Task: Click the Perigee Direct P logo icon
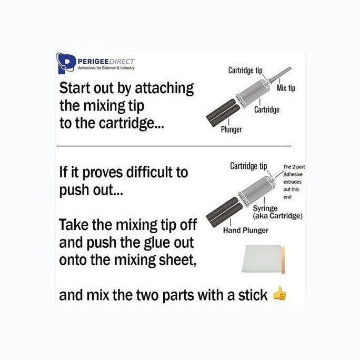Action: point(66,63)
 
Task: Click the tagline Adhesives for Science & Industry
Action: point(106,68)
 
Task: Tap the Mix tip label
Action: point(286,88)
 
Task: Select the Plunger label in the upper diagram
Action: point(231,129)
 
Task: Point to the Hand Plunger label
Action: point(246,231)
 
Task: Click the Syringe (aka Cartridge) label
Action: point(277,212)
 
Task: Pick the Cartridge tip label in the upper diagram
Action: point(245,70)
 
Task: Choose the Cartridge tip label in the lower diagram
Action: point(248,166)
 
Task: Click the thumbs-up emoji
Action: point(279,294)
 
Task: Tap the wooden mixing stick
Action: point(283,260)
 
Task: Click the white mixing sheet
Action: point(262,258)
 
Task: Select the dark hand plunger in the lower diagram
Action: point(224,212)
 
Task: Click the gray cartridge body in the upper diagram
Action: point(254,93)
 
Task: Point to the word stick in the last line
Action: point(253,295)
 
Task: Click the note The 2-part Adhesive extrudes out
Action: point(293,182)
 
